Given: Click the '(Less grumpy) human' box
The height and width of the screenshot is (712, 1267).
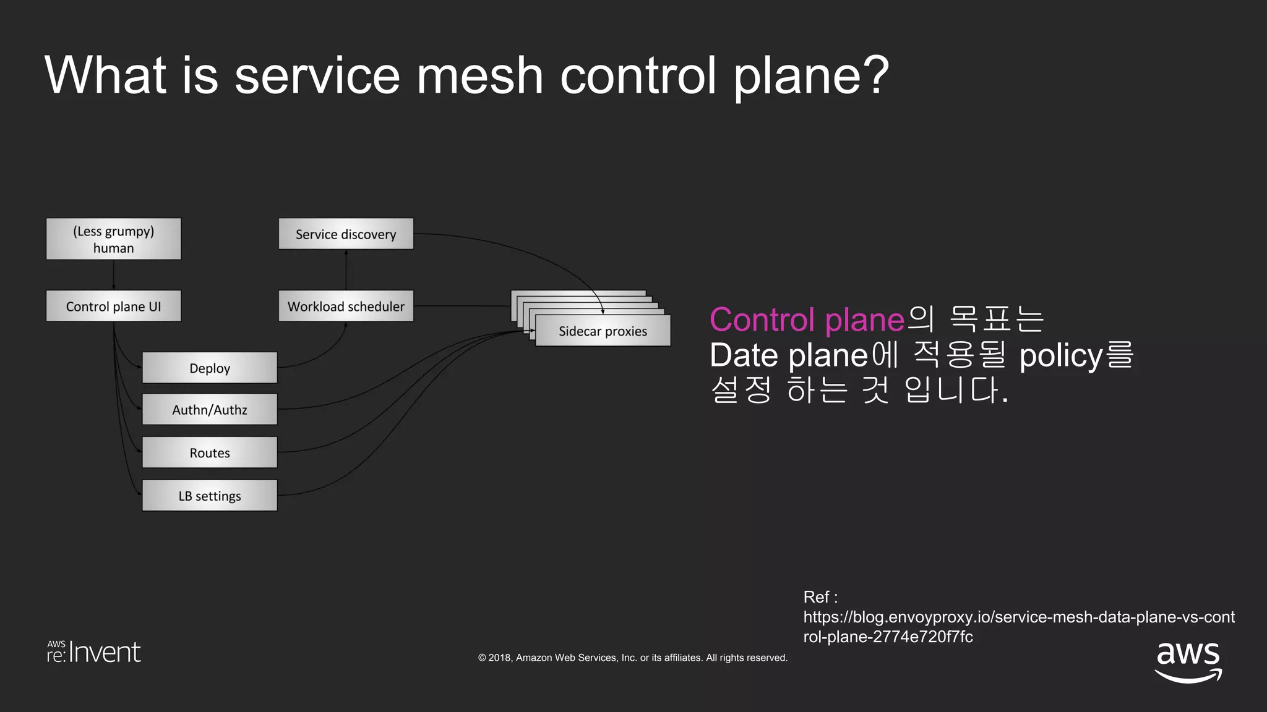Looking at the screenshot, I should [x=113, y=239].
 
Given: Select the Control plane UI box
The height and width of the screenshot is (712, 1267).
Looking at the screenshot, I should [x=113, y=306].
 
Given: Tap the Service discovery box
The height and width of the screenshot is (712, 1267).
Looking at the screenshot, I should [x=346, y=234].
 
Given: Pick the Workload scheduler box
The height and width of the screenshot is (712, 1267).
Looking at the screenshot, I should [x=346, y=306].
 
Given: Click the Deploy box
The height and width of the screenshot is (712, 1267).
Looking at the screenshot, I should [x=210, y=368].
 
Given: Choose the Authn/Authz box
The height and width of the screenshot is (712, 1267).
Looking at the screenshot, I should [x=210, y=409].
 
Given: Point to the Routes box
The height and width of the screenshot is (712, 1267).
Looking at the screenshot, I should [x=210, y=452].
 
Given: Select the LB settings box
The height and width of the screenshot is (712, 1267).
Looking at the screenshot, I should [x=210, y=496].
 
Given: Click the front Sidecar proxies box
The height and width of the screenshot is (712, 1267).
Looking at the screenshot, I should [x=603, y=331].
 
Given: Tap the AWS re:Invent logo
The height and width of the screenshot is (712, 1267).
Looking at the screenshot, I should [x=94, y=652].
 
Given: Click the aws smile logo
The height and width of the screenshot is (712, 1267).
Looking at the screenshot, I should [x=1188, y=661].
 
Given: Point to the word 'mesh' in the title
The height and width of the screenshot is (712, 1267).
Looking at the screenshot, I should [x=479, y=75].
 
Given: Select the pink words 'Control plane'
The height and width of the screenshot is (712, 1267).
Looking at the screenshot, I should [x=807, y=320].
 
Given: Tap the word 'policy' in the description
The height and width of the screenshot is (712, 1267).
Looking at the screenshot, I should [x=1060, y=355].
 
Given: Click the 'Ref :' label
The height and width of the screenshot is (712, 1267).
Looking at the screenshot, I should [x=820, y=597].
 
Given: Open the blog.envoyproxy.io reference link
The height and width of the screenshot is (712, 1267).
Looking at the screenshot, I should [x=1018, y=626].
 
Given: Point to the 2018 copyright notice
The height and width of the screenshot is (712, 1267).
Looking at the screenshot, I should [x=632, y=658].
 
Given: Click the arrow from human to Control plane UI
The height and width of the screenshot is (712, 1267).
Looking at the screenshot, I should [x=114, y=275].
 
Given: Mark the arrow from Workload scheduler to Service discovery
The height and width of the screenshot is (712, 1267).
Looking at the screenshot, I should [x=346, y=270].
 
